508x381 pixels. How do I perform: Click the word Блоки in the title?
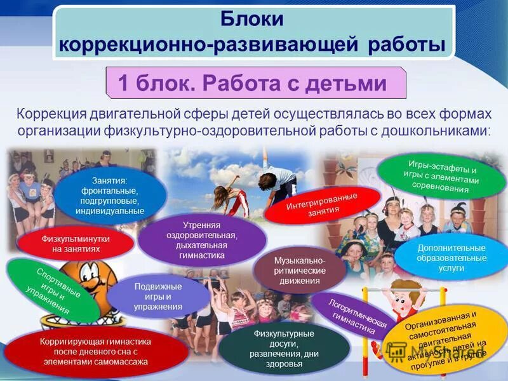[x=251, y=19]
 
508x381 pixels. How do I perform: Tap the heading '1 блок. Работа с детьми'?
[x=252, y=83]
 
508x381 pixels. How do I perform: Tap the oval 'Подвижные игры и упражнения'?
[x=157, y=297]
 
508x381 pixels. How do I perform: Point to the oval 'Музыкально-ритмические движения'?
[x=299, y=271]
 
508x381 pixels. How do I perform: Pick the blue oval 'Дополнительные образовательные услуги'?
[x=451, y=258]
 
